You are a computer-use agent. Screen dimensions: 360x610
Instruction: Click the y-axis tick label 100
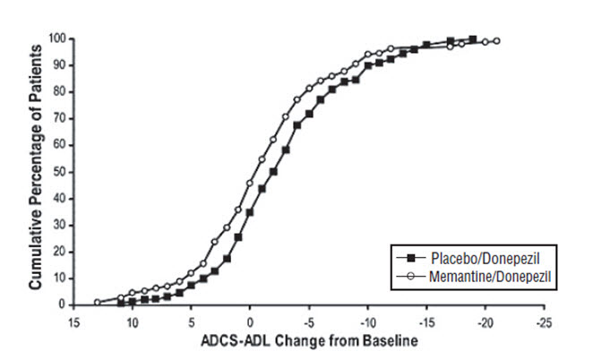tap(56, 39)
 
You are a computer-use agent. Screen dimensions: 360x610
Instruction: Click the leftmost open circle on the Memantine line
tap(98, 302)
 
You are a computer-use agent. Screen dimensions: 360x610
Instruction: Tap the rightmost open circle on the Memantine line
tap(496, 41)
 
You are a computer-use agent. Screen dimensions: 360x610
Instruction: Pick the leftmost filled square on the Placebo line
tap(121, 303)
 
